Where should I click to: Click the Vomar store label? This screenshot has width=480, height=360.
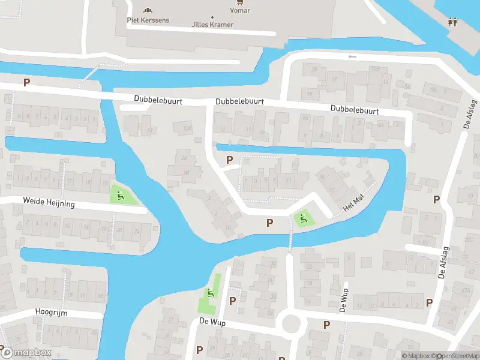coord(240,11)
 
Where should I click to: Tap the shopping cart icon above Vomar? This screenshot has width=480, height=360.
coord(240,2)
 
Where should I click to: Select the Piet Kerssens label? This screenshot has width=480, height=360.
coord(148,20)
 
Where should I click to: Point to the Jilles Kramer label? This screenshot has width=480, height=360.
coord(212,25)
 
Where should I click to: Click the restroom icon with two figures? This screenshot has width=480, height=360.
coord(453,22)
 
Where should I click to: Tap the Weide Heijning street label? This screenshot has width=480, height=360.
coord(49,203)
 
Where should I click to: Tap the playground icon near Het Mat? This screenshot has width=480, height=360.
coord(303,218)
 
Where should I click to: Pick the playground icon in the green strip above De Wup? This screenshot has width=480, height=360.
coord(210,293)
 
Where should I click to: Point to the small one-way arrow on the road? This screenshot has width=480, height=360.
coord(352,57)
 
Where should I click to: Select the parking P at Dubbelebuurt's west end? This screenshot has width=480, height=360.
coord(26,82)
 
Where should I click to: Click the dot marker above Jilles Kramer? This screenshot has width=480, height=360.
coord(212,17)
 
